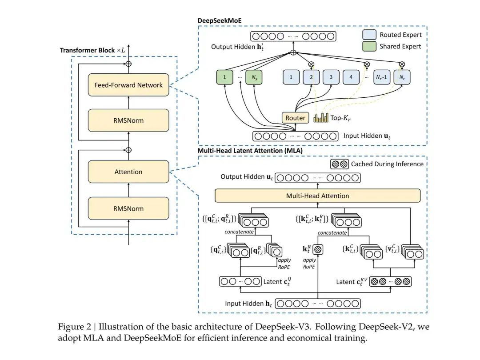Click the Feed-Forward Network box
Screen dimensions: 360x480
pos(128,85)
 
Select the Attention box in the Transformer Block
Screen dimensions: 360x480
pos(128,172)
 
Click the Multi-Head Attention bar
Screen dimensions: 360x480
pos(317,196)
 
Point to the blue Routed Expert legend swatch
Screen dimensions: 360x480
pos(369,35)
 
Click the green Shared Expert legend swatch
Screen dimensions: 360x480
pos(369,46)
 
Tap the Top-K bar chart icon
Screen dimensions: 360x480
pos(321,117)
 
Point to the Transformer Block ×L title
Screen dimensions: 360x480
pos(92,50)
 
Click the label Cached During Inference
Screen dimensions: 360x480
pos(387,164)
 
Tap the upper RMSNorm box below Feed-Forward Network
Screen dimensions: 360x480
pos(128,120)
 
